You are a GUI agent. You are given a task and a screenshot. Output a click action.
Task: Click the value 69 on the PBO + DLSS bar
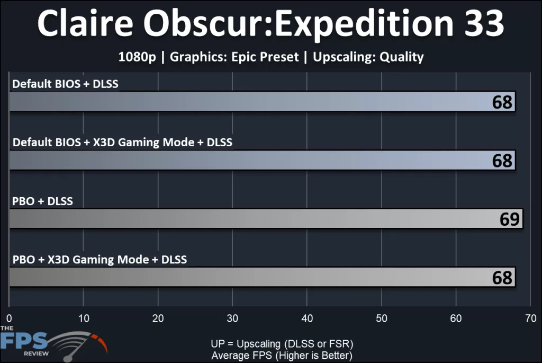[x=510, y=219]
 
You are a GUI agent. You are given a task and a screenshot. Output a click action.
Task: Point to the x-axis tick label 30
[x=232, y=318]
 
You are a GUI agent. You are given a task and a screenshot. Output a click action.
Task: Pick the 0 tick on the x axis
[x=9, y=318]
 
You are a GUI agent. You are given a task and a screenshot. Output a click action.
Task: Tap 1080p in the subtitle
[x=137, y=57]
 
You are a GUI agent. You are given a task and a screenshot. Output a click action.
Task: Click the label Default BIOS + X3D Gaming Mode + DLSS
[x=122, y=143]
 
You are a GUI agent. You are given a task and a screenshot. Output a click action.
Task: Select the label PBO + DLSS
[x=42, y=201]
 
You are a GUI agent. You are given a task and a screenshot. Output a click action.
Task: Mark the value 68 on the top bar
[x=502, y=102]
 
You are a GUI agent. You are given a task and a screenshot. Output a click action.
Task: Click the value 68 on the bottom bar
[x=502, y=277]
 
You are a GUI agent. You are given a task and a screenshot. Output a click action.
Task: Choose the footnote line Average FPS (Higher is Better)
[x=282, y=355]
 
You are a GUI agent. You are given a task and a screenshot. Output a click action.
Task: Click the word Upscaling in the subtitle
[x=344, y=57]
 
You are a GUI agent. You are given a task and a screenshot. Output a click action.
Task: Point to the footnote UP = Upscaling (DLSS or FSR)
[x=282, y=343]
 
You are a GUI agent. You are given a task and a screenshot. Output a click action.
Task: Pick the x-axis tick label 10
[x=84, y=318]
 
